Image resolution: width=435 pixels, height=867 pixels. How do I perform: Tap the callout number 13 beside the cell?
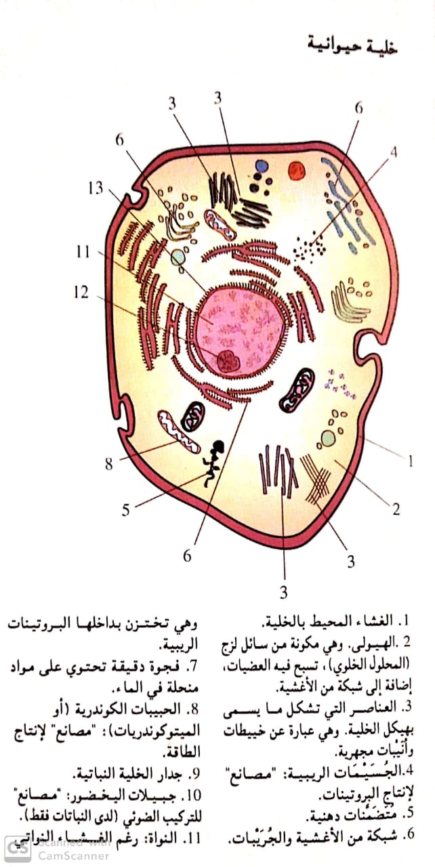coord(95,188)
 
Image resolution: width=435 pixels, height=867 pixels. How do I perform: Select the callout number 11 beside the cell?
coord(83,252)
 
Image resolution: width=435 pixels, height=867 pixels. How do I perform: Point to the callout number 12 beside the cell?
coord(82,293)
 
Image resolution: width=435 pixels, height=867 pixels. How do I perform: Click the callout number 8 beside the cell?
coord(108,464)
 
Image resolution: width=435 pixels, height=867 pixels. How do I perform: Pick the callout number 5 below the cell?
coord(125,509)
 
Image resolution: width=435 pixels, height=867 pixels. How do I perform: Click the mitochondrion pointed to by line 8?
coord(180,432)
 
